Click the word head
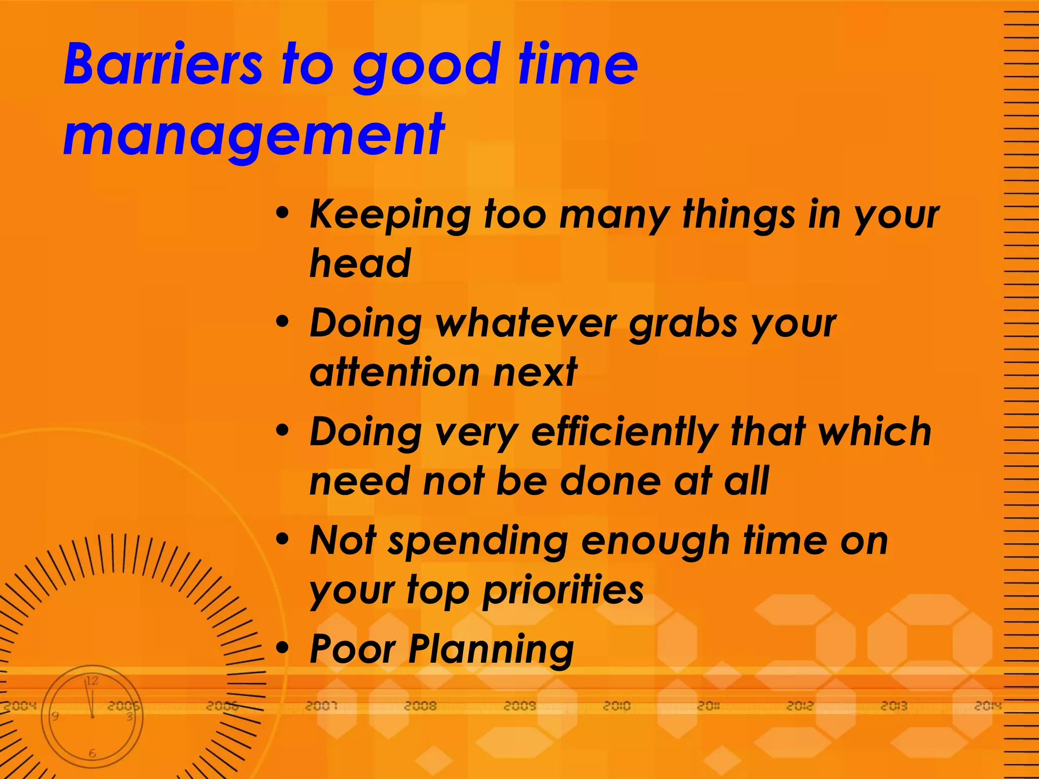(x=360, y=264)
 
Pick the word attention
(x=394, y=372)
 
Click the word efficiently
(x=624, y=433)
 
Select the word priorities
(x=563, y=591)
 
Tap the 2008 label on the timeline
(x=420, y=705)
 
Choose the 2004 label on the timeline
(x=20, y=705)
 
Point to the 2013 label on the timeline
(x=893, y=705)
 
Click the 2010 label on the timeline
(x=616, y=705)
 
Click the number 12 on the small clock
(x=92, y=681)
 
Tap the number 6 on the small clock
(x=92, y=754)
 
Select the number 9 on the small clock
(x=55, y=716)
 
